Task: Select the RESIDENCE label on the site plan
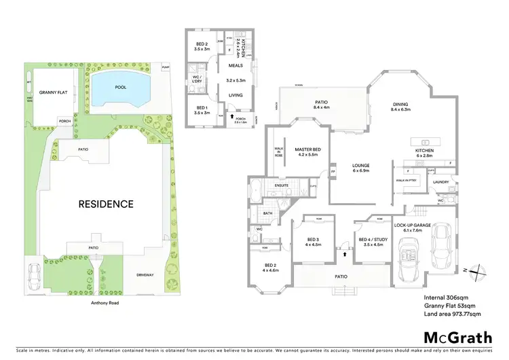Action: [105, 203]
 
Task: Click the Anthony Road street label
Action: [104, 303]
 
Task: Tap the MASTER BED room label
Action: [307, 151]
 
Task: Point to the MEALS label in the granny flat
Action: [235, 66]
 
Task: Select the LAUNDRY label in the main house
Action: [442, 182]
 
